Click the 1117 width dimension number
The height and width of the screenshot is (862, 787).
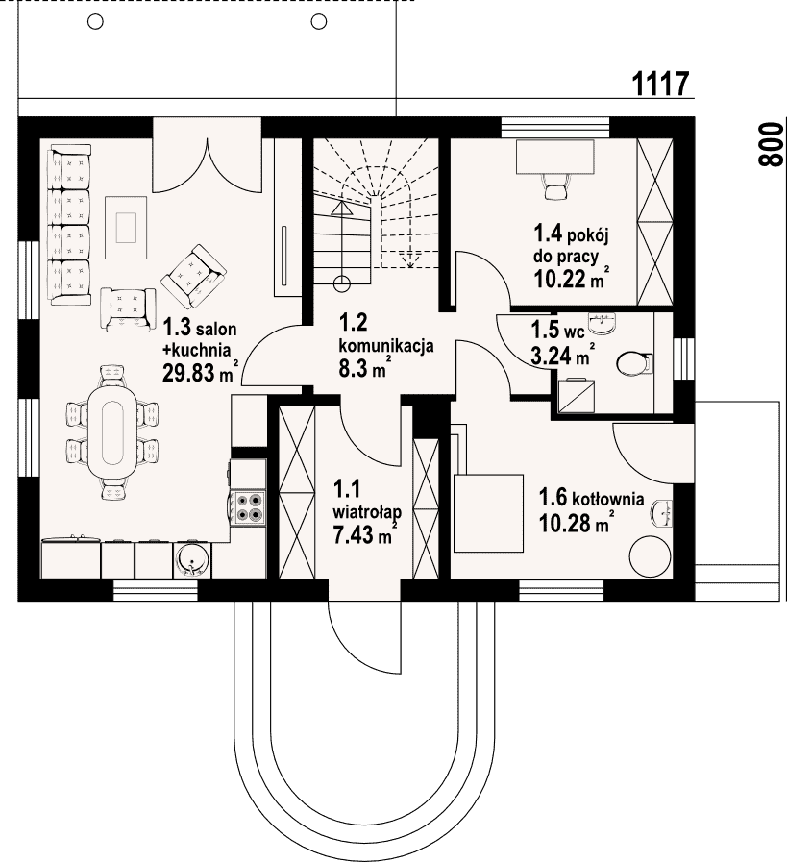point(660,85)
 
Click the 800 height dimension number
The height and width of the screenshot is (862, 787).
point(770,144)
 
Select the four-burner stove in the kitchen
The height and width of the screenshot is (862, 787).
point(249,506)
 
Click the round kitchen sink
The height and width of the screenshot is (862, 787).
point(192,560)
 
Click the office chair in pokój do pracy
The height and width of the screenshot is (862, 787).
point(554,185)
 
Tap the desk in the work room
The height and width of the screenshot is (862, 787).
point(555,157)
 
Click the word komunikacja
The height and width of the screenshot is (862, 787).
point(385,346)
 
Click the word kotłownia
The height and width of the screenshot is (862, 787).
point(608,499)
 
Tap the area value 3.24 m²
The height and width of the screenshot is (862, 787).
point(562,356)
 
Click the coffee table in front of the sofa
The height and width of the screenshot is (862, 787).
point(126,228)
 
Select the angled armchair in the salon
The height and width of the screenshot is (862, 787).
point(193,277)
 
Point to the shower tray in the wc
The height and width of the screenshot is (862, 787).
point(576,395)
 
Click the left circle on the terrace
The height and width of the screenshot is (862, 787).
point(96,22)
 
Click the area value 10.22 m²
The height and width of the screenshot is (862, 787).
point(572,279)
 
